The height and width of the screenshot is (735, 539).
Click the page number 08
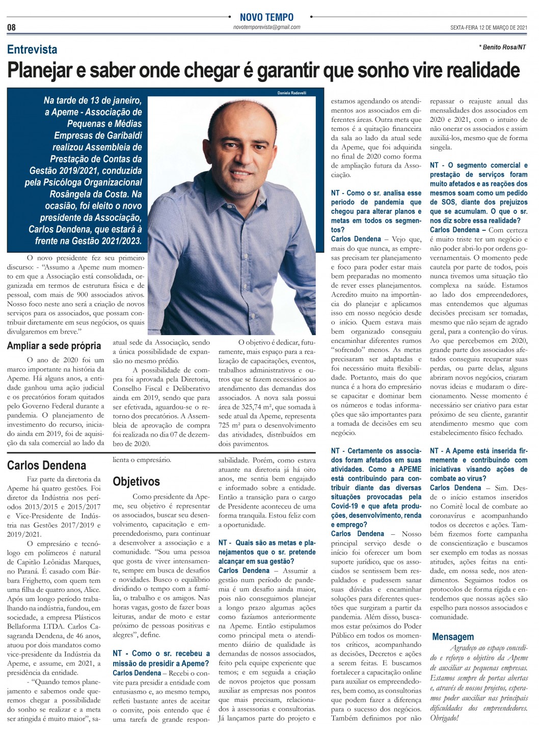[11, 28]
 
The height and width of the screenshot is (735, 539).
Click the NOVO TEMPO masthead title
[266, 17]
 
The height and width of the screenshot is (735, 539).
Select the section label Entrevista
[32, 49]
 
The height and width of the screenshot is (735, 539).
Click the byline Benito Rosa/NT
[502, 47]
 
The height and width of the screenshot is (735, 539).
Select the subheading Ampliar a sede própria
[54, 346]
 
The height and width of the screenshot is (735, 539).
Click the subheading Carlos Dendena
[46, 465]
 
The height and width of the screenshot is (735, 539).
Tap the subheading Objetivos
[136, 481]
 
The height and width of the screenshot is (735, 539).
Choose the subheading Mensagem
[453, 637]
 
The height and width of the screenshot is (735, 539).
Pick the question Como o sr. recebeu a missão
[161, 658]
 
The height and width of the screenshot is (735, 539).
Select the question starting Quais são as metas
[267, 552]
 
